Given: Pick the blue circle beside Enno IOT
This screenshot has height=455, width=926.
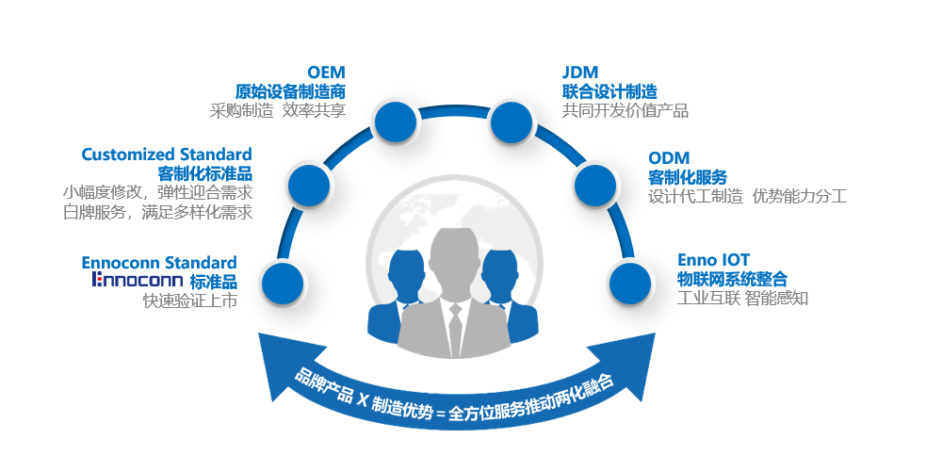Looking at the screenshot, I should [x=630, y=282].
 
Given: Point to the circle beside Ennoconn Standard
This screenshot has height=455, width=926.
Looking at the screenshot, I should [x=281, y=282].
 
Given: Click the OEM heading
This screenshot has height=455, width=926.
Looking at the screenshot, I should [x=326, y=73].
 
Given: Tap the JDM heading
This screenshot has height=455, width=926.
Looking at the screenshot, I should [x=580, y=73].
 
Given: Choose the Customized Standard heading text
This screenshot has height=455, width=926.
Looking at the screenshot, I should [x=167, y=154].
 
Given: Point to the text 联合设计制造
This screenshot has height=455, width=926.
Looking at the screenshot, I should [x=609, y=91].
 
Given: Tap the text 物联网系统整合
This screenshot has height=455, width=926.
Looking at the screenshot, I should [x=732, y=279].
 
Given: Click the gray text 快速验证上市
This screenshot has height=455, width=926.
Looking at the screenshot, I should [x=189, y=301].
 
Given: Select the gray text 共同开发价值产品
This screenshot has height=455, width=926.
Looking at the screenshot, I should [x=625, y=111].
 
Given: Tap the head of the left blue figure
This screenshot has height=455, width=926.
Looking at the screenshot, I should [x=406, y=268].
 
